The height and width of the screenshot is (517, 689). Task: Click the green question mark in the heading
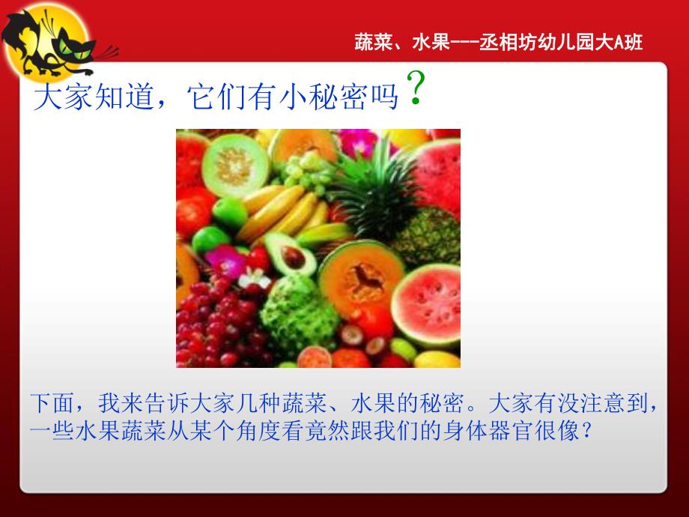[x=419, y=90]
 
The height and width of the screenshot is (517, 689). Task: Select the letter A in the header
[x=619, y=43]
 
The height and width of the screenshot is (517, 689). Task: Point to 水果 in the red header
[x=430, y=43]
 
